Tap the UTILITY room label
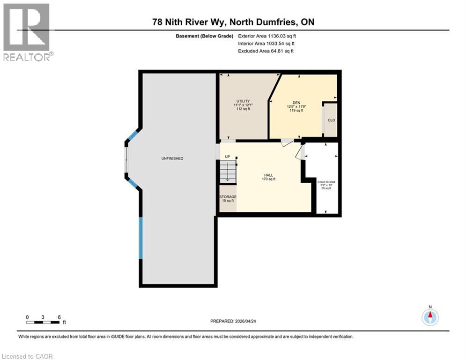[243, 101]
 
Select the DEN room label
[296, 101]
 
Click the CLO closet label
[331, 120]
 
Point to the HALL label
[268, 175]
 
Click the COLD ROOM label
[326, 182]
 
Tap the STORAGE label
[228, 197]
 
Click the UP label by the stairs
[227, 157]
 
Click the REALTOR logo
[28, 32]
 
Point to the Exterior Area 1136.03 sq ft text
[267, 36]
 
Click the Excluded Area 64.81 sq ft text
[266, 51]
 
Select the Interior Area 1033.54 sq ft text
[267, 43]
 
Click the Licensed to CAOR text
[28, 356]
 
